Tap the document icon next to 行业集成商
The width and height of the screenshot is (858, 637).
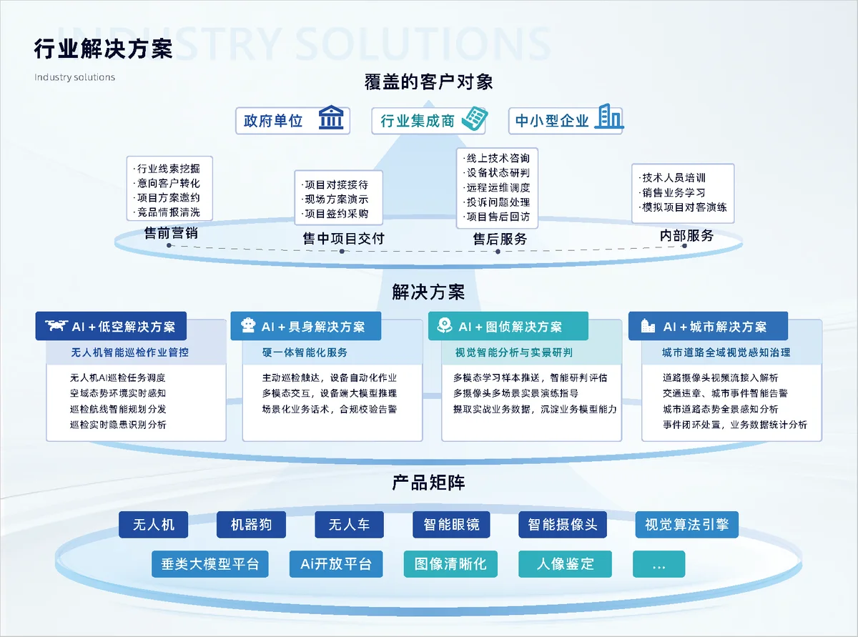[475, 119]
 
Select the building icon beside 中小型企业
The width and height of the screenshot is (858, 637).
[609, 116]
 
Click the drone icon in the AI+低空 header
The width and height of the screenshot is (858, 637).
[56, 326]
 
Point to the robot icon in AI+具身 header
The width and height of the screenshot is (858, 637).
[248, 326]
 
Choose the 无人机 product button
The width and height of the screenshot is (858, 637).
[153, 525]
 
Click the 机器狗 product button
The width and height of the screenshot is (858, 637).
[251, 525]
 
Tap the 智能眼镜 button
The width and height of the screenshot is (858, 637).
[451, 525]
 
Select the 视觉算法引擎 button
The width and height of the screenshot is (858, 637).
[686, 525]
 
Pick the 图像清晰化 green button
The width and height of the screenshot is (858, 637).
[450, 564]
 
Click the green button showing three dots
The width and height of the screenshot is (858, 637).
[659, 564]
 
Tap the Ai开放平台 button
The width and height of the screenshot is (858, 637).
[336, 564]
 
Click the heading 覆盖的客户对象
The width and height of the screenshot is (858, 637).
[428, 82]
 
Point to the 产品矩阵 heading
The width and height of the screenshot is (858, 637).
[428, 483]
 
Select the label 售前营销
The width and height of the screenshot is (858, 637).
[171, 233]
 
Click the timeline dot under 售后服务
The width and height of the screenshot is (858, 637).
[498, 252]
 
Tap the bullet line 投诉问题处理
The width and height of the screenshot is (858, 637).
[497, 202]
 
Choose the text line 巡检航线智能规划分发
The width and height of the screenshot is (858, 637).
[117, 409]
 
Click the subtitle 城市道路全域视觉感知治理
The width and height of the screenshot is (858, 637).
[726, 352]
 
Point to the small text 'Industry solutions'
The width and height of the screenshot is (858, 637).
[74, 77]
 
